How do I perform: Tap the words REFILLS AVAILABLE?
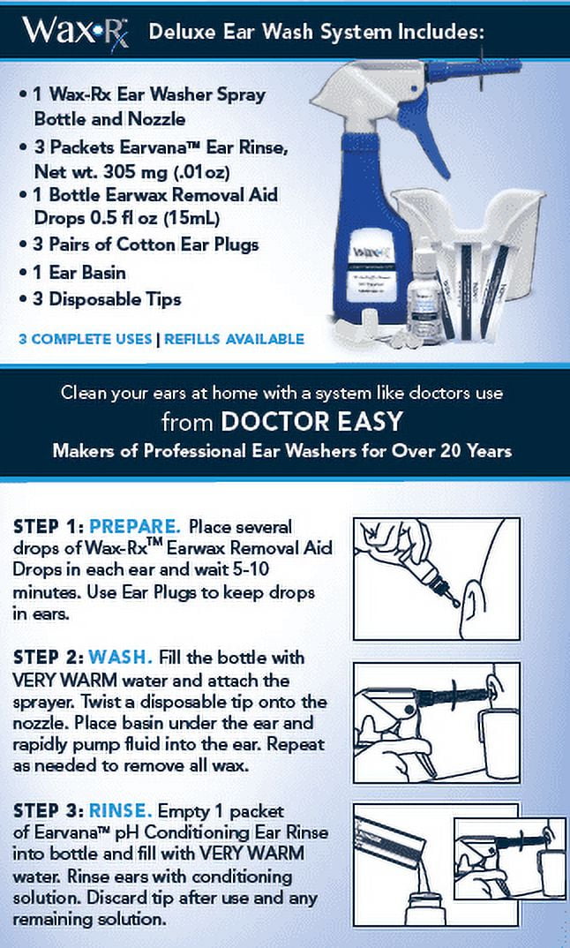pos(234,339)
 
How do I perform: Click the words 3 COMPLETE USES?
pos(86,339)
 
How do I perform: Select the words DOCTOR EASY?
pos(311,421)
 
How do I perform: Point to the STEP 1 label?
pos(49,527)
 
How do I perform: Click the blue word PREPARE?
pos(135,527)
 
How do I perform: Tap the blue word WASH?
pos(120,658)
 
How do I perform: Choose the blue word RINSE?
pos(120,811)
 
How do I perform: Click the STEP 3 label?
pos(49,811)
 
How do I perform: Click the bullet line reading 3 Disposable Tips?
pos(100,299)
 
